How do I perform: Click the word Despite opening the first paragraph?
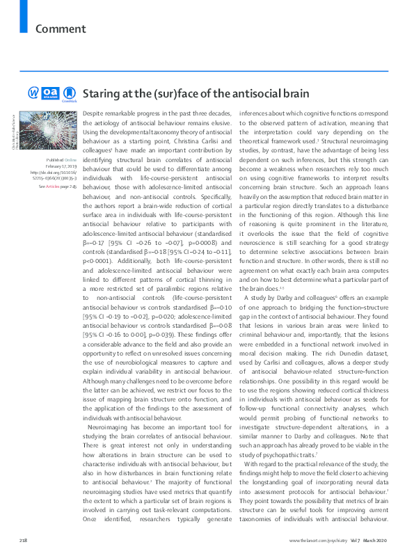click(93, 113)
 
